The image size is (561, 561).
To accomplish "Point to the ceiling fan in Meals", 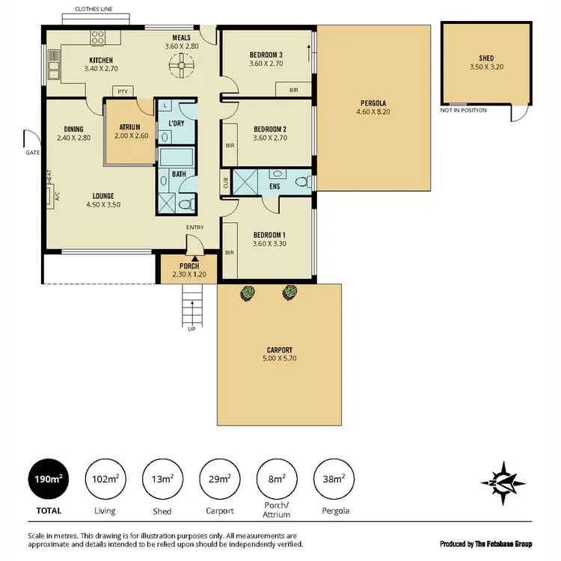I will click(x=180, y=67).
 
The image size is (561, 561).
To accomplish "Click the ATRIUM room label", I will click(x=130, y=127).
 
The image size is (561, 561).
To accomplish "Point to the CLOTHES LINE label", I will click(x=93, y=10).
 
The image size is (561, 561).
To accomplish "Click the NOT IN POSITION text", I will click(x=464, y=111).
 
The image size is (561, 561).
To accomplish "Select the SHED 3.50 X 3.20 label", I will click(x=486, y=62).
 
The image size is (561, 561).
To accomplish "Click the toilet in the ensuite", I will click(x=301, y=182).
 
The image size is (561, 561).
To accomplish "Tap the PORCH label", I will click(x=188, y=267).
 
